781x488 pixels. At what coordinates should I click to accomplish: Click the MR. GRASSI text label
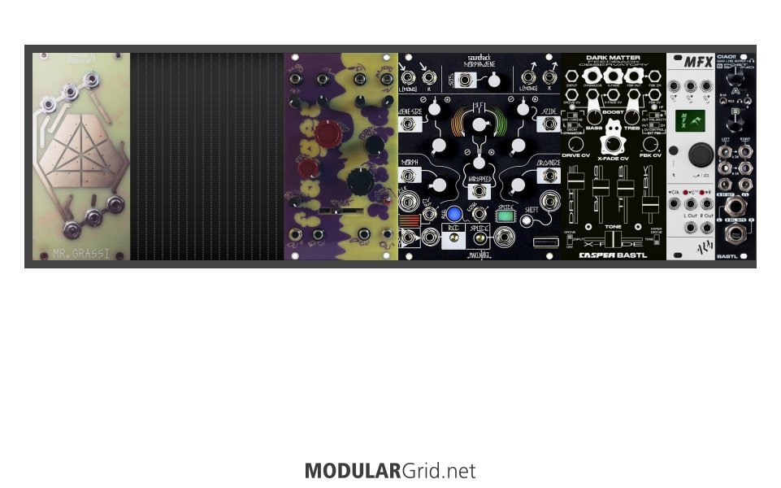[x=80, y=252]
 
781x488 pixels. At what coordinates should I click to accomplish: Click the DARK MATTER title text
[x=613, y=58]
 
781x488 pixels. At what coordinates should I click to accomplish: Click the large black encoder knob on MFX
[x=697, y=155]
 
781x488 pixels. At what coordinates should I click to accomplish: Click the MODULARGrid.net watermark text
[x=390, y=471]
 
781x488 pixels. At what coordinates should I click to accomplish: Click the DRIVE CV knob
[x=575, y=144]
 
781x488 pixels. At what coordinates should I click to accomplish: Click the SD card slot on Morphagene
[x=539, y=242]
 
